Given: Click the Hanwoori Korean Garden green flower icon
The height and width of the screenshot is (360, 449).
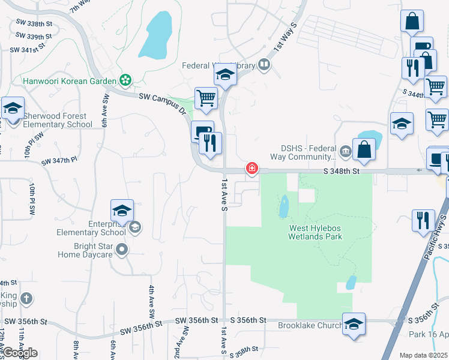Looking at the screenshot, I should pyautogui.click(x=125, y=80).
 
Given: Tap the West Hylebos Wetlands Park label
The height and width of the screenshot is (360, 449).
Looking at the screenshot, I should pyautogui.click(x=316, y=232).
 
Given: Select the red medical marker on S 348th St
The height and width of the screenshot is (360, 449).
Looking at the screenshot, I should pyautogui.click(x=252, y=169).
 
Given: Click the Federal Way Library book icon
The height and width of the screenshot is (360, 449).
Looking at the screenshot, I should pyautogui.click(x=264, y=65).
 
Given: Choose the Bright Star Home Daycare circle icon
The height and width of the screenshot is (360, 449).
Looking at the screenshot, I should pyautogui.click(x=122, y=248).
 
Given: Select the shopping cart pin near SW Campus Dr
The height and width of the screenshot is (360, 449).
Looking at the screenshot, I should pyautogui.click(x=206, y=98).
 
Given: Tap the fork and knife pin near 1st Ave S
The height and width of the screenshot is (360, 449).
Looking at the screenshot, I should pyautogui.click(x=210, y=143).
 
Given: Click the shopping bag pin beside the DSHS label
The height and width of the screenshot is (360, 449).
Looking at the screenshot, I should pyautogui.click(x=364, y=149).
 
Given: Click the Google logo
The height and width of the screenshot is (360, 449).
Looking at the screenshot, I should pyautogui.click(x=19, y=353).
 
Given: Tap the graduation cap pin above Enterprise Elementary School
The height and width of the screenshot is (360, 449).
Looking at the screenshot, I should pyautogui.click(x=122, y=211).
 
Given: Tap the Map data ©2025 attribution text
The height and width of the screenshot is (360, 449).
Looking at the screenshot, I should pyautogui.click(x=423, y=355).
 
